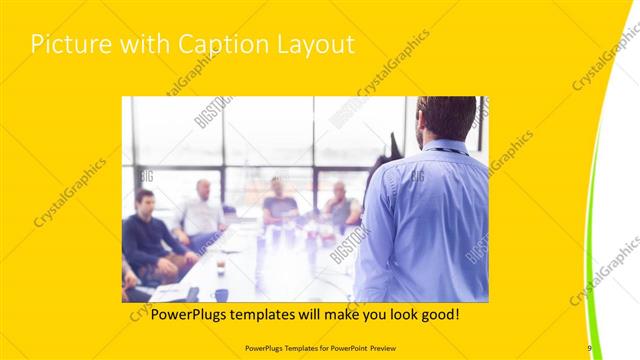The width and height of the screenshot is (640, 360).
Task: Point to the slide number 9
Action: [x=589, y=347]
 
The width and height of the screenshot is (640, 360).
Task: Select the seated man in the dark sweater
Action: [x=147, y=235]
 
